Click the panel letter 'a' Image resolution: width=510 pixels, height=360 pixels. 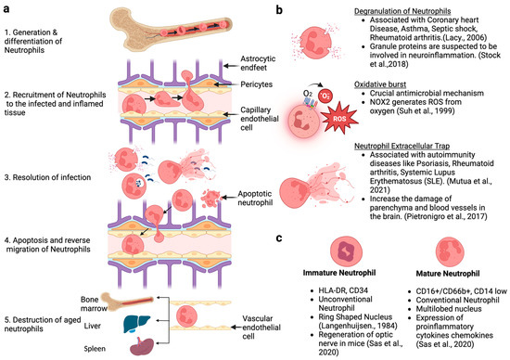coord(6,6)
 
